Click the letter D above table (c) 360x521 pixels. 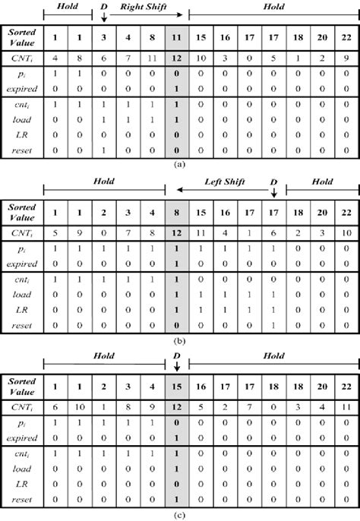(x=176, y=357)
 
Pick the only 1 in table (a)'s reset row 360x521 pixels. (x=103, y=152)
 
